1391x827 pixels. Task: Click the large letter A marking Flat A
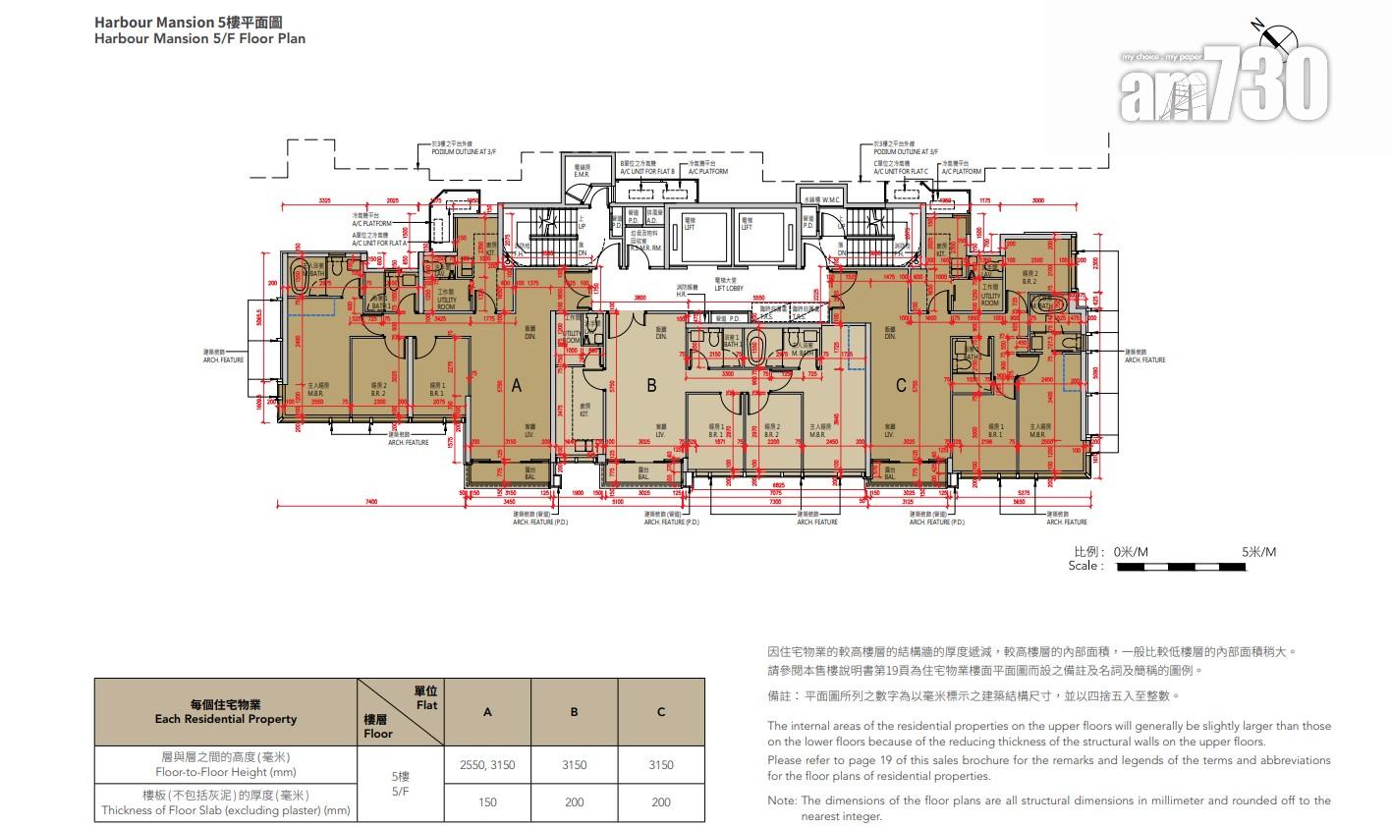tap(517, 387)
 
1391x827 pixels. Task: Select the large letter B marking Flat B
tap(650, 386)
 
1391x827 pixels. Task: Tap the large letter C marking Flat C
tap(901, 386)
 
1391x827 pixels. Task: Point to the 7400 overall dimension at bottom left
tap(370, 502)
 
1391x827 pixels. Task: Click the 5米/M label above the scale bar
tap(1257, 552)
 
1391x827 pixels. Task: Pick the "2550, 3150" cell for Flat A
tap(487, 764)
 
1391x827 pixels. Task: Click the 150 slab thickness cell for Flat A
tap(487, 801)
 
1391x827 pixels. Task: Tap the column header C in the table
tap(661, 712)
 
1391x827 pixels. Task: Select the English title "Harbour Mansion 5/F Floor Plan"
tap(199, 39)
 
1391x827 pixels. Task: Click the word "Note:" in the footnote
tap(783, 800)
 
